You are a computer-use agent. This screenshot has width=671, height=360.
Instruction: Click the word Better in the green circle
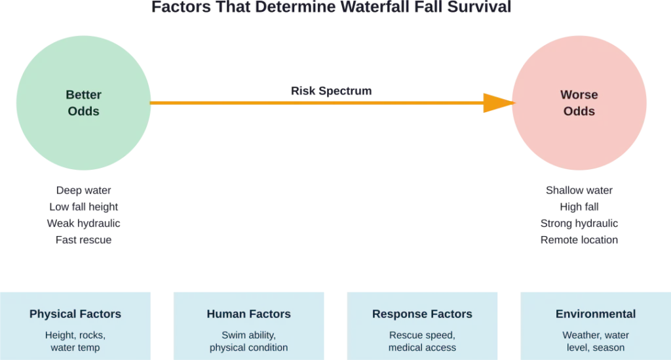click(84, 94)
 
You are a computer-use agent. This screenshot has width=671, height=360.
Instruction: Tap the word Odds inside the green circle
click(84, 111)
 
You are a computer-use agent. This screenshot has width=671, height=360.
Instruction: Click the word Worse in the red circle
click(579, 94)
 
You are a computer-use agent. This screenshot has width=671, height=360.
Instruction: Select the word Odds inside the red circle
click(579, 111)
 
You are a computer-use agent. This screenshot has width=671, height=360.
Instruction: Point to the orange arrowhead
click(498, 103)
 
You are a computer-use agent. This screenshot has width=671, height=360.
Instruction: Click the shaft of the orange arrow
click(315, 103)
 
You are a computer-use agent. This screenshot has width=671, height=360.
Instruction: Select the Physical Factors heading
click(75, 314)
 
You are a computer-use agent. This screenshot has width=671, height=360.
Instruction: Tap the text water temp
click(75, 348)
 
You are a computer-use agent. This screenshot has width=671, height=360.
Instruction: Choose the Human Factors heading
click(248, 314)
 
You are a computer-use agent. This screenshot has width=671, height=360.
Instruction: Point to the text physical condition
click(248, 348)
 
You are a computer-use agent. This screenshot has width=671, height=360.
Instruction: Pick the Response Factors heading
click(422, 314)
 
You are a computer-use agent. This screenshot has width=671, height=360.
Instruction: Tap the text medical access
click(422, 348)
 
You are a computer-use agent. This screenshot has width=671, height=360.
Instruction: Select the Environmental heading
click(595, 314)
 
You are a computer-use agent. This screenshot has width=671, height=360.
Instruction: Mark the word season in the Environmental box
click(609, 348)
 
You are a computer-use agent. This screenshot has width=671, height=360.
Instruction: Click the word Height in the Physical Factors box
click(60, 335)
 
